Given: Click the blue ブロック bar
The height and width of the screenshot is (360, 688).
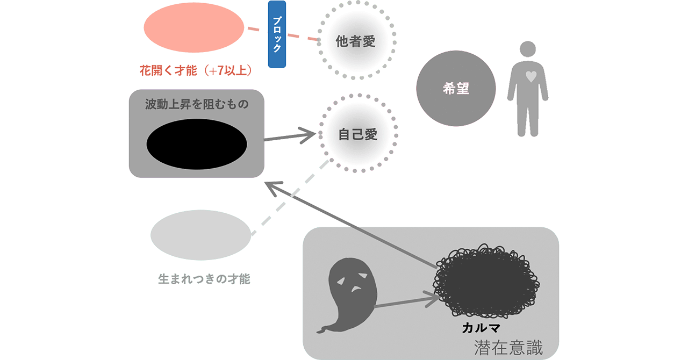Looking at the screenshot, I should (x=276, y=34).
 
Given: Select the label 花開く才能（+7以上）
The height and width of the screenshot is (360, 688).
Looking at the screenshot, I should (x=196, y=70).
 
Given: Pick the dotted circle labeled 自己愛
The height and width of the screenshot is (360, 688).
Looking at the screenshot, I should (x=357, y=134).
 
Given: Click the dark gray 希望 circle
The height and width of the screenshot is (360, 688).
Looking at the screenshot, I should (x=456, y=90).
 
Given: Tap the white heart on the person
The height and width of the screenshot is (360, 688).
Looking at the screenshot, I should (x=531, y=76).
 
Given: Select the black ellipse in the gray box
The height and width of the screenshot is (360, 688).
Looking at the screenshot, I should (x=197, y=144).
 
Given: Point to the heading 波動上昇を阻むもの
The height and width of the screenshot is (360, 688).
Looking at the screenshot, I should (x=197, y=104).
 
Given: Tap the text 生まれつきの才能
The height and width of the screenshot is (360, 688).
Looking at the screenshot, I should (x=204, y=279).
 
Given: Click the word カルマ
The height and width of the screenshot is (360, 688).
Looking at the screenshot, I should (x=482, y=327).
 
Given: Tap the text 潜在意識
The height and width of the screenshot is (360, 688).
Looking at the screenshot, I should (x=508, y=348).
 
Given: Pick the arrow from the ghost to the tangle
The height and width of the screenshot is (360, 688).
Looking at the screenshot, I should (x=406, y=302).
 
